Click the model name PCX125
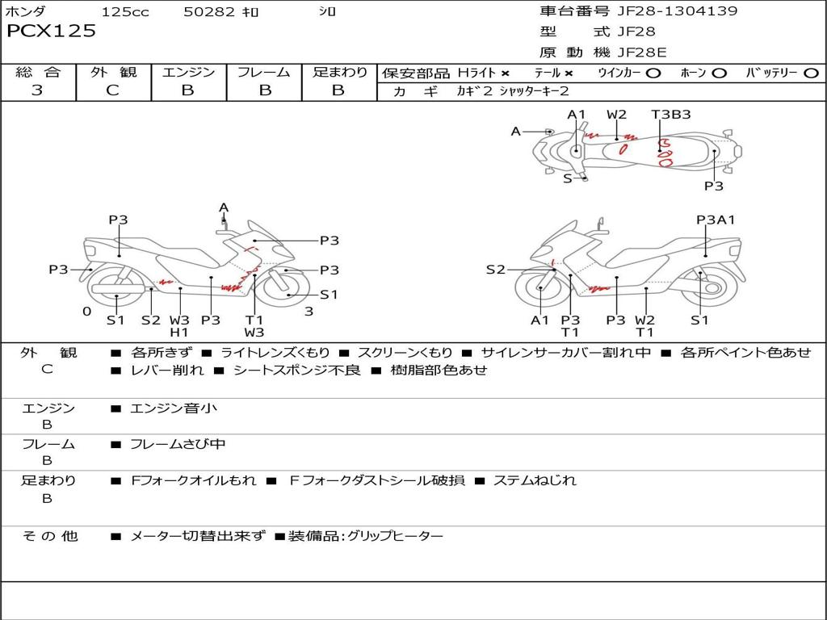(51, 31)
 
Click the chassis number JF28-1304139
(678, 10)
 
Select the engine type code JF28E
(642, 52)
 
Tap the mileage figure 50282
(208, 11)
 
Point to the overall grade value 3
(37, 90)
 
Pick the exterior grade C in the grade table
(112, 90)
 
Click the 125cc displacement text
(125, 11)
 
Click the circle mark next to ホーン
(719, 73)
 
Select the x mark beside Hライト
(506, 73)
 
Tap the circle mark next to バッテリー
(811, 73)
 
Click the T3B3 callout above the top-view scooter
(671, 115)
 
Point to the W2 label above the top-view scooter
(616, 115)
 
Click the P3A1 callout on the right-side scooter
(716, 220)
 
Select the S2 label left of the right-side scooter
(495, 270)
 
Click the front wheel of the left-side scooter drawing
(285, 288)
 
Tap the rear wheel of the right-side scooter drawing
(712, 288)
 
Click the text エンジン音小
(174, 408)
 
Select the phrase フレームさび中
(178, 445)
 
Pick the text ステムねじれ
(535, 480)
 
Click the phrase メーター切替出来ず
(198, 536)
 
